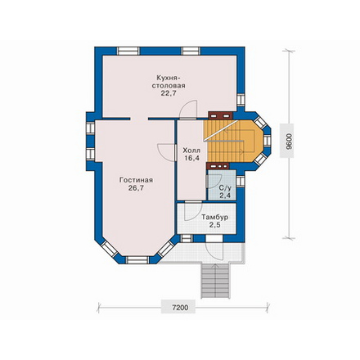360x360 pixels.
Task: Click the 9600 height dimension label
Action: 287,141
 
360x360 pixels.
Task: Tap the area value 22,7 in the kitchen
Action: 169,93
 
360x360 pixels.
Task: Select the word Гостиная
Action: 136,180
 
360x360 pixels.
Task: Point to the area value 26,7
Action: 136,188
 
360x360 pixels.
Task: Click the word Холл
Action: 191,151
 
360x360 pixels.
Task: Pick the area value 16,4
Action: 191,158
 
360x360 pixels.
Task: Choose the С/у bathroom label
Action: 225,188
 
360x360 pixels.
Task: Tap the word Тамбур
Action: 215,218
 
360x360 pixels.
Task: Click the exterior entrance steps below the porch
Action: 215,281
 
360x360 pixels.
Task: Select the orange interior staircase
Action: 233,141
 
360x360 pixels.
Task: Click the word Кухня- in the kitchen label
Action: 169,78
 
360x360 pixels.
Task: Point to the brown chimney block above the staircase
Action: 220,115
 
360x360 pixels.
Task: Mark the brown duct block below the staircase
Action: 218,166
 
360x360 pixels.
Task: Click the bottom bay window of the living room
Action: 137,259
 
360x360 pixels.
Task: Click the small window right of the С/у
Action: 241,182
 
